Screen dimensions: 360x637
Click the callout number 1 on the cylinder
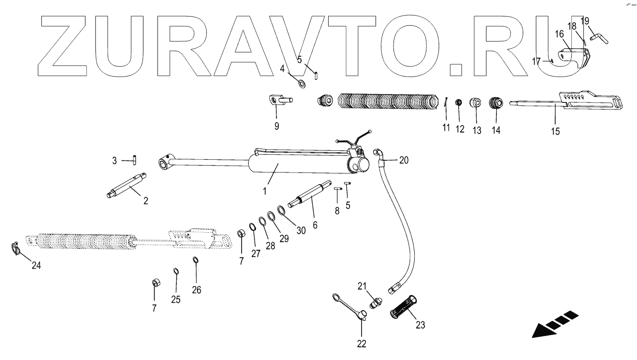pyautogui.click(x=265, y=191)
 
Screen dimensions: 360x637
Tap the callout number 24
pyautogui.click(x=36, y=266)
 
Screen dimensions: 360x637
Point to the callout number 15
pyautogui.click(x=555, y=131)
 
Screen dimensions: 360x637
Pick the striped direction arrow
pyautogui.click(x=555, y=324)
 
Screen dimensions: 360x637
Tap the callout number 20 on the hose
pyautogui.click(x=403, y=160)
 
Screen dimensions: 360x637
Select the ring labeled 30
pyautogui.click(x=280, y=210)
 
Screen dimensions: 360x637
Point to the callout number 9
pyautogui.click(x=276, y=126)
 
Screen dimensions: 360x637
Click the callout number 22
pyautogui.click(x=361, y=344)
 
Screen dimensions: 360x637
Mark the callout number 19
pyautogui.click(x=584, y=21)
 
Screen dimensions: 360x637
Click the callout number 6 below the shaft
pyautogui.click(x=315, y=225)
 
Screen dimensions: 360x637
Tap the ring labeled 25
pyautogui.click(x=176, y=271)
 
